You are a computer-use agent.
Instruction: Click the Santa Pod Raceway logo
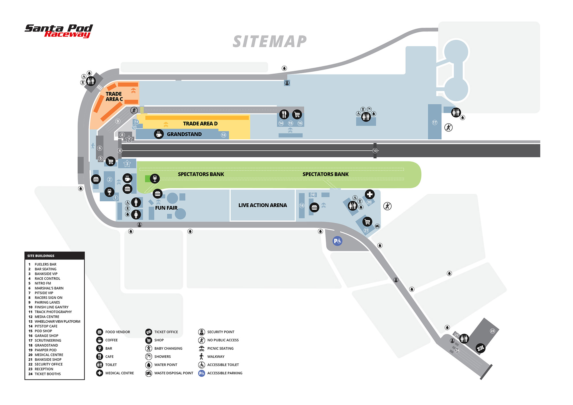59,31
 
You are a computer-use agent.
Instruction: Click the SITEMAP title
270,42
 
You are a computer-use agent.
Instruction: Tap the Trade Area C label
114,97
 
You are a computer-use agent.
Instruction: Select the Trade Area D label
200,124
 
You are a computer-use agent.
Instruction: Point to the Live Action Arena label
262,205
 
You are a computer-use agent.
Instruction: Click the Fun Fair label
166,208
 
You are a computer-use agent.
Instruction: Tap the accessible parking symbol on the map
337,241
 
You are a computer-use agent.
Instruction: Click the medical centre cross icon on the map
370,194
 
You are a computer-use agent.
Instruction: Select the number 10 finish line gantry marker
375,151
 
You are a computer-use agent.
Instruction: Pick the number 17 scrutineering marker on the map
435,123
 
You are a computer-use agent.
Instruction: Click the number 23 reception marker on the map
492,331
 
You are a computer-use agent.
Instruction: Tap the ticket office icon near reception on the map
480,348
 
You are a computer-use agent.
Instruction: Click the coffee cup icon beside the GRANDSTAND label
159,134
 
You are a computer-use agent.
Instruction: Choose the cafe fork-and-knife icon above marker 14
284,114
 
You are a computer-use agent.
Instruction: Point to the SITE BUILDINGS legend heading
41,256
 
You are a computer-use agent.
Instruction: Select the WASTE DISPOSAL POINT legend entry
173,373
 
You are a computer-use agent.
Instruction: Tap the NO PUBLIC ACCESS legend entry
223,340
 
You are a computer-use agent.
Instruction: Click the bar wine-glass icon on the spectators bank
155,178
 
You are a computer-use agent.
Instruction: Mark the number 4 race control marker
120,151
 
